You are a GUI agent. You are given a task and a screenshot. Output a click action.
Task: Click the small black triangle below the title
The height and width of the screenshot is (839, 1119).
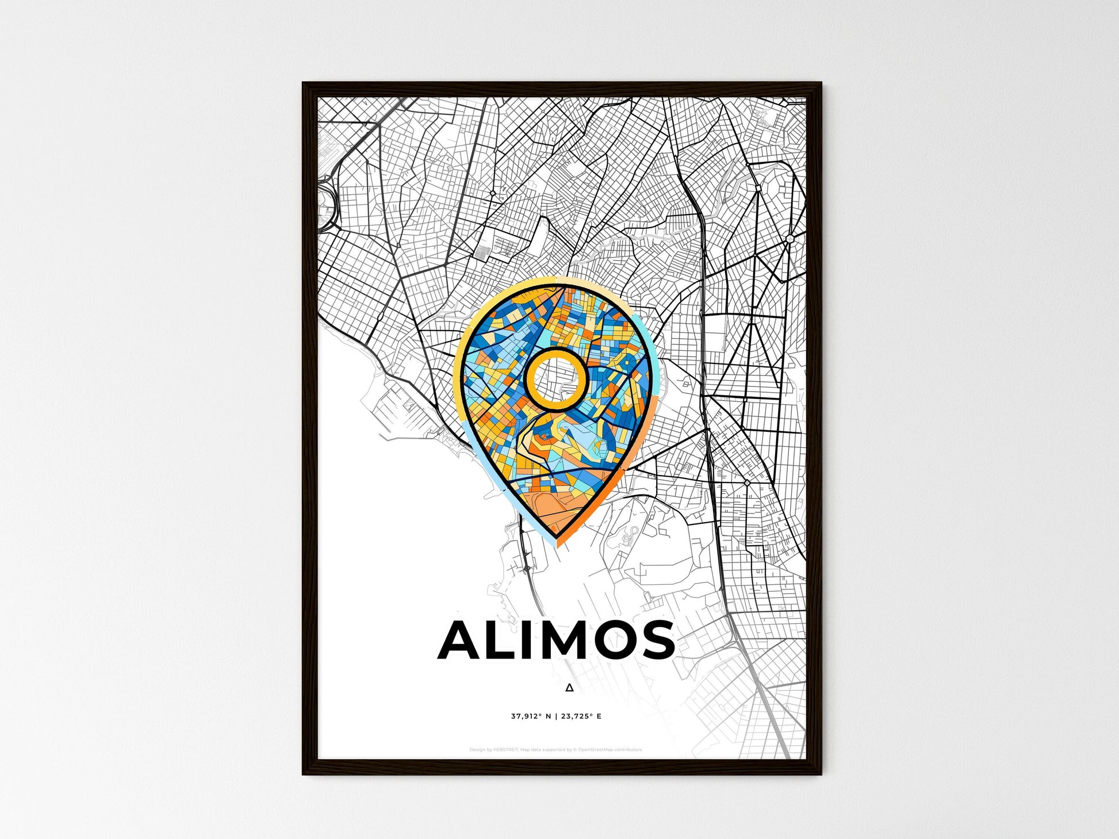coord(569,687)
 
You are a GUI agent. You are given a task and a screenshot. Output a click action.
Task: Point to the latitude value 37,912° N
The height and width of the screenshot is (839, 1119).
coord(531,717)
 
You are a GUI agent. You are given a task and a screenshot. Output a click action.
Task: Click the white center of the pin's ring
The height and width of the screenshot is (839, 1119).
coord(556,379)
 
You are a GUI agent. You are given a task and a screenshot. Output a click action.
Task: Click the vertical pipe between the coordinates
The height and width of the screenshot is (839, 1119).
coord(556,717)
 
